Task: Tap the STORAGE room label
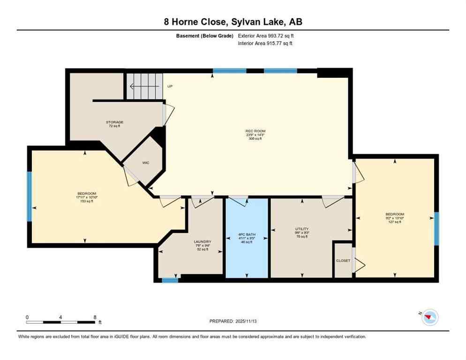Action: pos(114,122)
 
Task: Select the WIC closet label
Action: pos(146,163)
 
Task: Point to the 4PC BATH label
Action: pos(247,235)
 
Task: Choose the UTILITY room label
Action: pos(301,229)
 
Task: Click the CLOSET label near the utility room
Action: pos(343,261)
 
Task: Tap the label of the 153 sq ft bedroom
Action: pos(87,194)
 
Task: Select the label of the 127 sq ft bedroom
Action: pos(394,214)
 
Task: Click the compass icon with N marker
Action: pos(429,318)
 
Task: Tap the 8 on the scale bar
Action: pos(95,317)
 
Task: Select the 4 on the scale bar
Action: pos(61,317)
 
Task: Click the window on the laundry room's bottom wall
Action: pos(170,280)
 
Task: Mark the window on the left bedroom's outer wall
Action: pos(29,196)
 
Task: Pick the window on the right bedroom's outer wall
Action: pos(436,229)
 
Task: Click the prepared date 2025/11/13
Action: pos(233,321)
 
